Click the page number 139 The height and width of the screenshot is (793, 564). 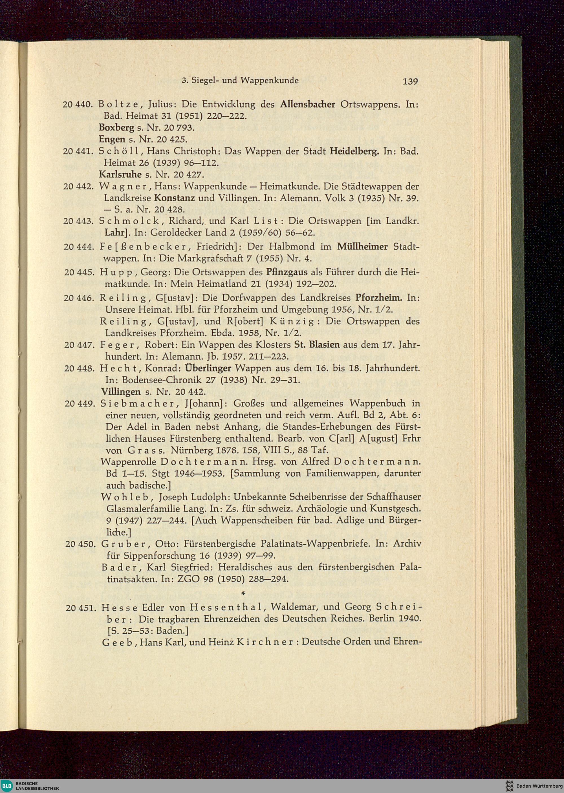pos(410,81)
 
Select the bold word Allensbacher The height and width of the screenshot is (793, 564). pos(308,104)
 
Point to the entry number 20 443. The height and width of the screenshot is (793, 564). pos(78,221)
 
